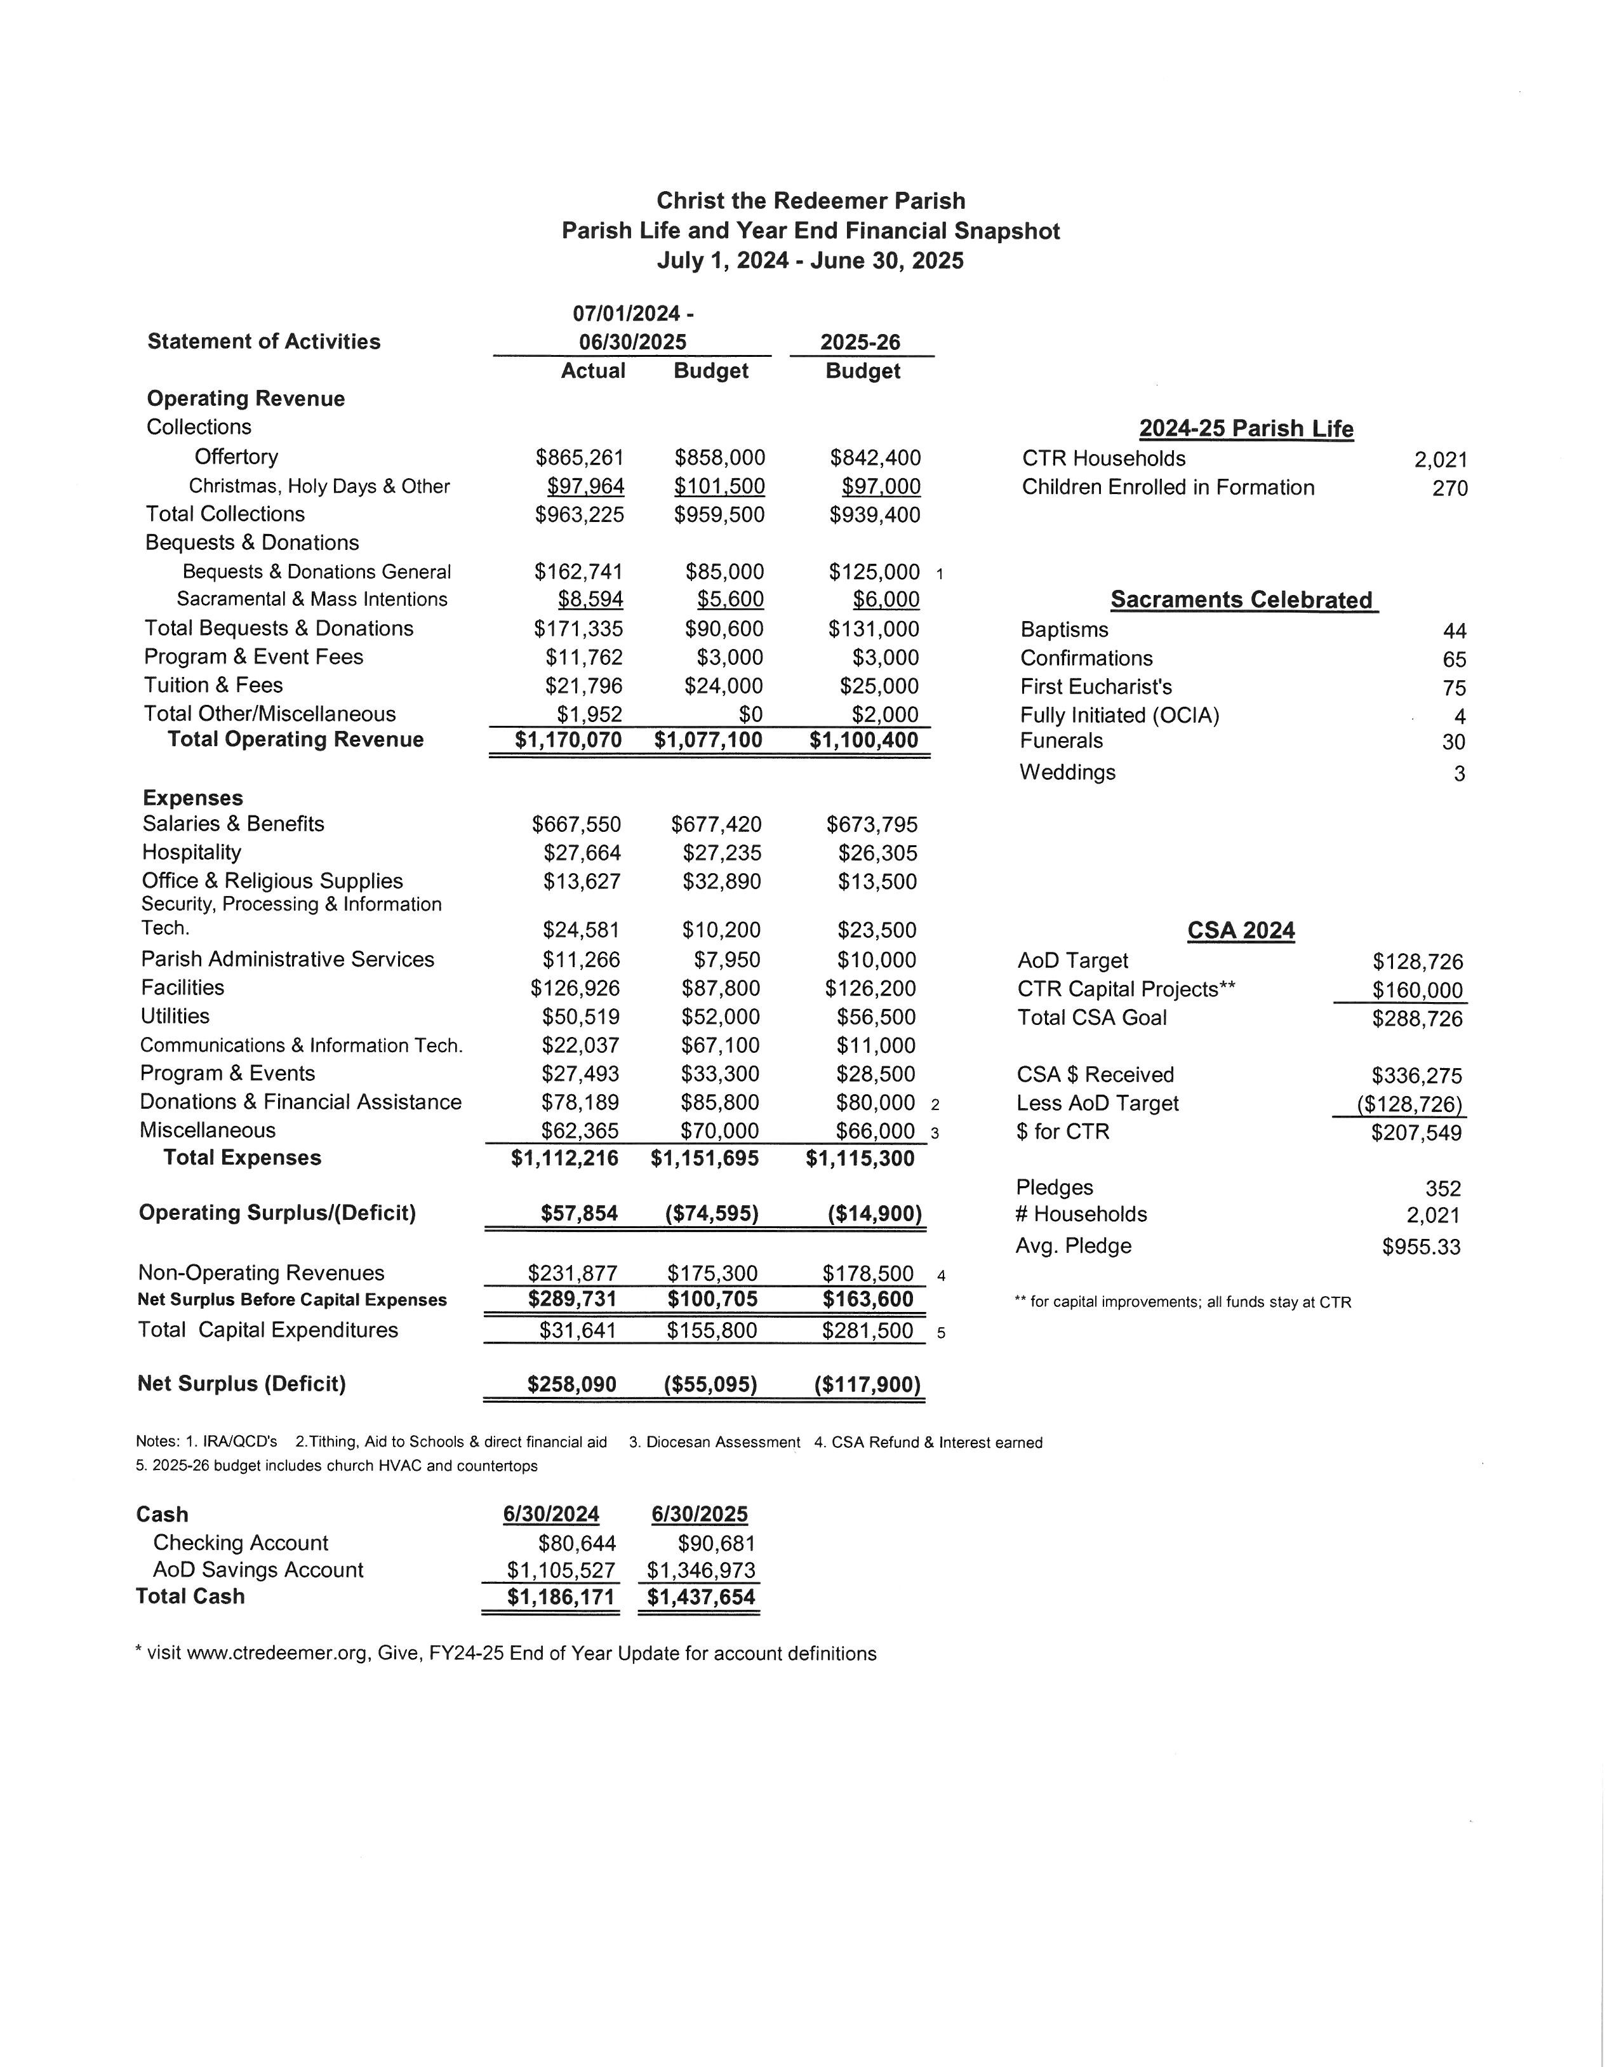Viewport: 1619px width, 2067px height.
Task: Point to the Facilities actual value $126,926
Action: [x=575, y=989]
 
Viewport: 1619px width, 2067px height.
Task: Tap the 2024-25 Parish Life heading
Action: [x=1246, y=429]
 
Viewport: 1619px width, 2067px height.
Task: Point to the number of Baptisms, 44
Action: [x=1454, y=631]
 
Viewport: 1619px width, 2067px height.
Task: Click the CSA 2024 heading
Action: [x=1241, y=931]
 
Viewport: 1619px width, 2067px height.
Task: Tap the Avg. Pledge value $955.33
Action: [x=1421, y=1247]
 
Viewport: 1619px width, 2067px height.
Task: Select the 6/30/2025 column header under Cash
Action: [x=700, y=1515]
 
